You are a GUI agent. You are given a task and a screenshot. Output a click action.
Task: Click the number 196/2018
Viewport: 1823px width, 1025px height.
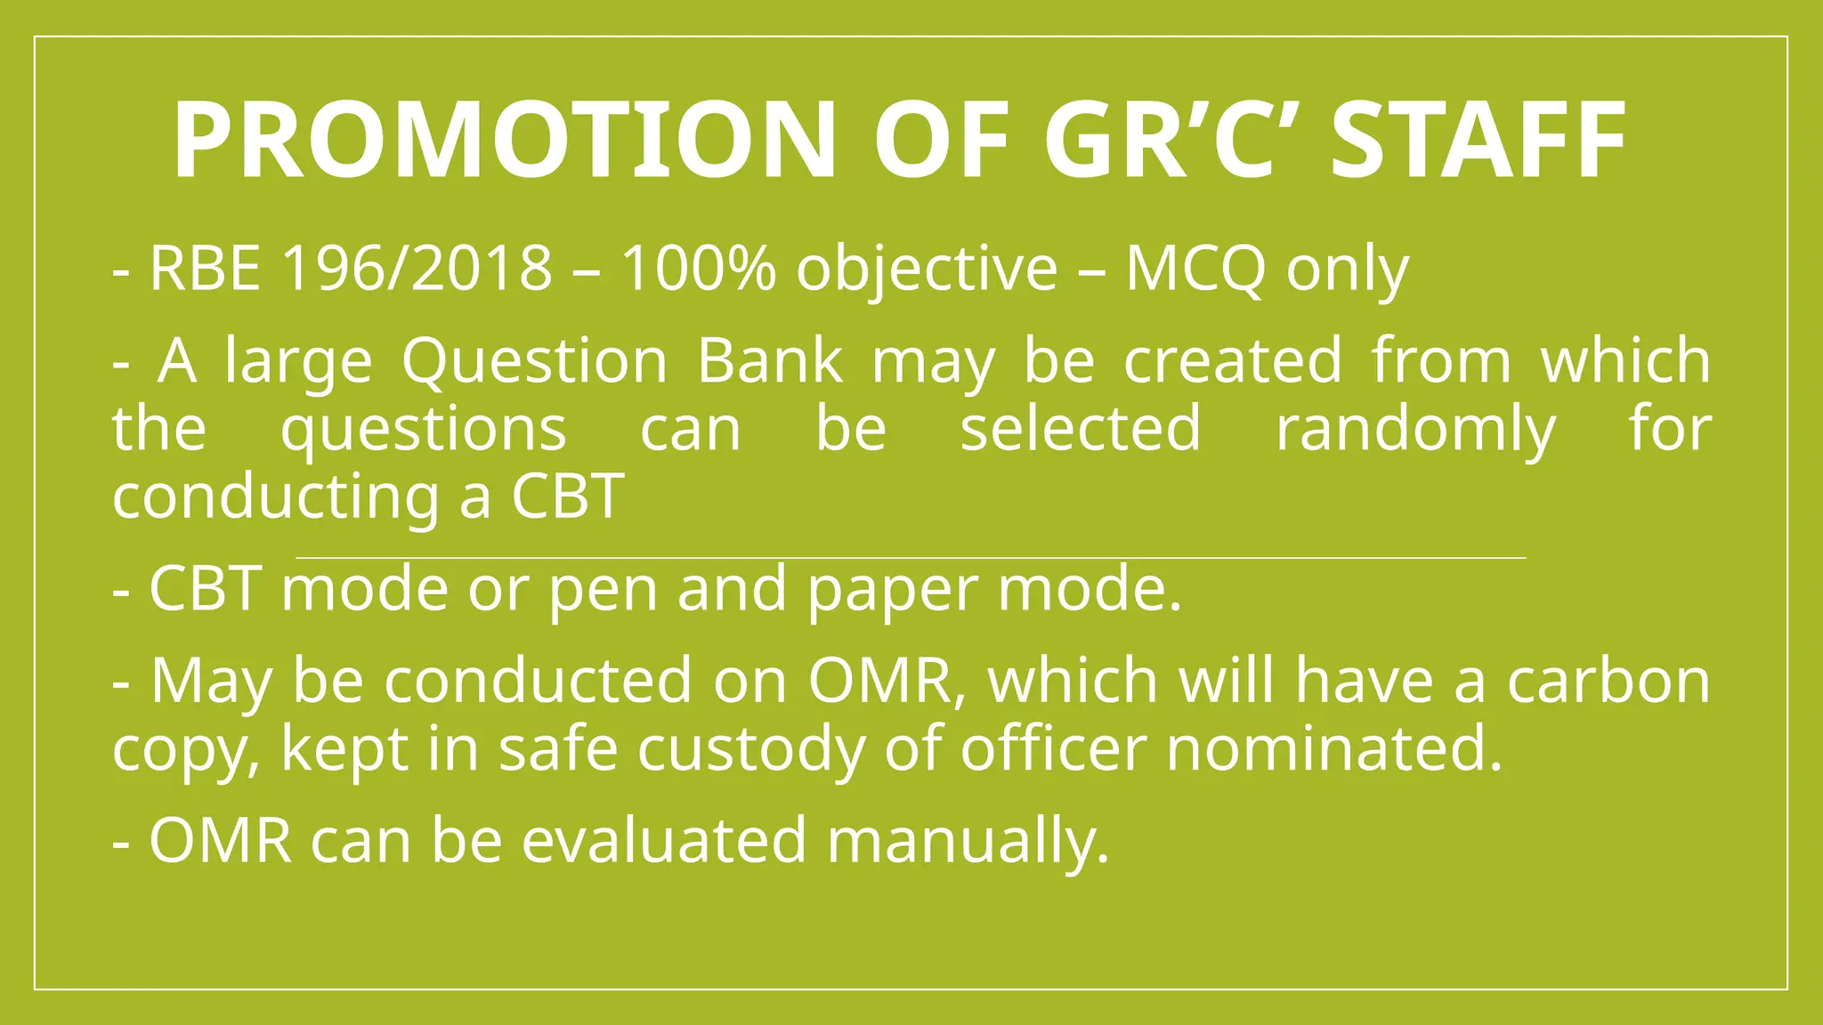[x=417, y=268]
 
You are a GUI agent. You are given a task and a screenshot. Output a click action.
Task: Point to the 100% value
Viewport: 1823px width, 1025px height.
[x=698, y=268]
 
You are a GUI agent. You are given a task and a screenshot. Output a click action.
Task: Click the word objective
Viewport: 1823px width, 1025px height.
[x=926, y=270]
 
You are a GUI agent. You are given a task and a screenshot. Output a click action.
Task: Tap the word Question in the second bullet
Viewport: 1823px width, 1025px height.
[x=534, y=361]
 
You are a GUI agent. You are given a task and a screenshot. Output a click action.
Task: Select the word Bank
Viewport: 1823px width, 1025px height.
[x=769, y=360]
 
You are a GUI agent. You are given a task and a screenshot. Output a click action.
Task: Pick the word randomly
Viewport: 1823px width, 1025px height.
[x=1415, y=430]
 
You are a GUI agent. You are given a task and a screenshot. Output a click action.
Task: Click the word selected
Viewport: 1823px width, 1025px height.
[x=1081, y=428]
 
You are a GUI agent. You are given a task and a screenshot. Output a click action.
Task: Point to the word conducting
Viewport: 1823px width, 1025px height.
[x=275, y=496]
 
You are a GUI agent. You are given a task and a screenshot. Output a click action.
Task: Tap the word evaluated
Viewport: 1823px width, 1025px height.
[x=664, y=840]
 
